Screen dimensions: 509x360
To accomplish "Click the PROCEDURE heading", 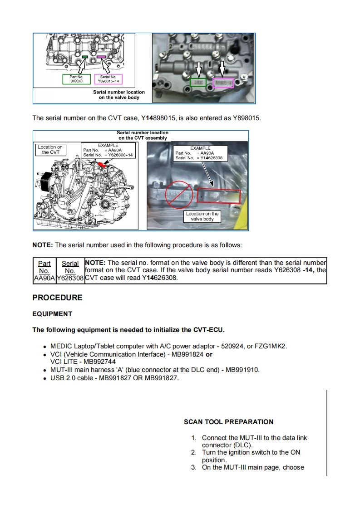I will point(57,298).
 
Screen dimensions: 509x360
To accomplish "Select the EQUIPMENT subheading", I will point(52,314).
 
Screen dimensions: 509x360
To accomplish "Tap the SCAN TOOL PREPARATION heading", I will point(228,422).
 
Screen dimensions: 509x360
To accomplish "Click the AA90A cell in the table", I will point(44,278).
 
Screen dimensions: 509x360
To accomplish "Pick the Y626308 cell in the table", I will point(70,278).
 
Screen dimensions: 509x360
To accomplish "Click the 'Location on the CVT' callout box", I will point(50,150).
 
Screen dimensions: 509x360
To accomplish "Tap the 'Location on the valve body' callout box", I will point(202,216).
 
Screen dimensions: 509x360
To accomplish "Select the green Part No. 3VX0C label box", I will point(76,79).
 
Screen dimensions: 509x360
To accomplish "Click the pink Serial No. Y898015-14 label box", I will point(108,79).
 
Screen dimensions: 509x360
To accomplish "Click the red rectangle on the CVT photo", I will point(218,196).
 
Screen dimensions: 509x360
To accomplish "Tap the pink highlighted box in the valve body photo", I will point(223,83).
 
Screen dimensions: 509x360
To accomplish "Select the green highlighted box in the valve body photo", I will point(197,83).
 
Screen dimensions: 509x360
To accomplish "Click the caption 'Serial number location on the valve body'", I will point(119,94).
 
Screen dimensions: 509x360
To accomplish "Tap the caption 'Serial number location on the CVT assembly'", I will point(143,135).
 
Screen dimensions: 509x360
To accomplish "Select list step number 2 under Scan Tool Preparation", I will point(193,452).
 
